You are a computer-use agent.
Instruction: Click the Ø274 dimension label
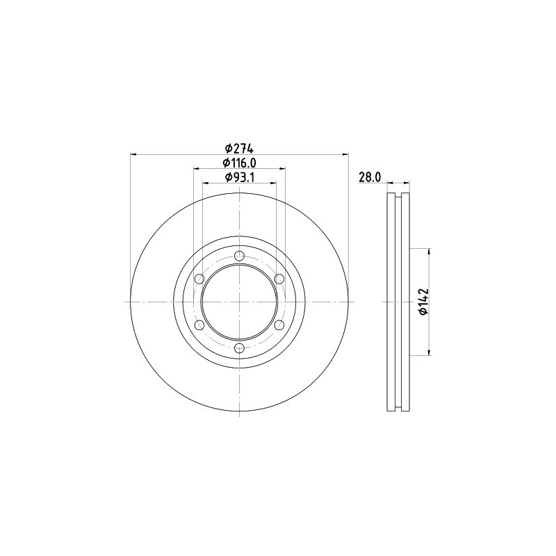click(x=239, y=147)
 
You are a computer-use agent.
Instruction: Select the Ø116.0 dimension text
click(x=239, y=163)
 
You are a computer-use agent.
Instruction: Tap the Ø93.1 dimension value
click(x=239, y=177)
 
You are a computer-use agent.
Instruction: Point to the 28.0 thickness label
click(x=370, y=177)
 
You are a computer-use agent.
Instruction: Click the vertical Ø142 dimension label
click(x=424, y=302)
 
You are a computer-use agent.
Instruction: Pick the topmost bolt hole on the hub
click(x=240, y=255)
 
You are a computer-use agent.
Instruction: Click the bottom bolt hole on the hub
click(x=240, y=348)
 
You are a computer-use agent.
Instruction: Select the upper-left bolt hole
click(x=199, y=279)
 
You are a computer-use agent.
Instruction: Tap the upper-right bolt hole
click(x=280, y=279)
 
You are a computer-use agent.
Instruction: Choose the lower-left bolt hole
click(x=199, y=325)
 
